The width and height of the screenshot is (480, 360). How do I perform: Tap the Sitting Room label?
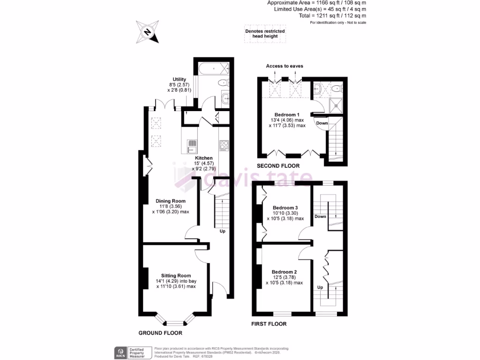tap(176, 276)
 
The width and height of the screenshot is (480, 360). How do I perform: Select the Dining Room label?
tap(170, 201)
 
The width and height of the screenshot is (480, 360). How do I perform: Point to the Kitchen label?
tap(204, 158)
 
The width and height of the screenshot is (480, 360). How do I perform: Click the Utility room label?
tap(180, 79)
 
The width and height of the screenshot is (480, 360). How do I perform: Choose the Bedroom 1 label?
tap(286, 115)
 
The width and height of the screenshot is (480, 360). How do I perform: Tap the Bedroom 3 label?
tap(285, 208)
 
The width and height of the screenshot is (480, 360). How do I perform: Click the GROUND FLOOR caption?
tap(160, 333)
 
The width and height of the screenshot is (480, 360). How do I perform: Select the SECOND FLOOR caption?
tap(278, 166)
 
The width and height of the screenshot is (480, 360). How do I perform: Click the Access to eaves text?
tap(285, 66)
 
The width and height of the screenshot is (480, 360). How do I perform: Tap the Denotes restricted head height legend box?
tap(265, 34)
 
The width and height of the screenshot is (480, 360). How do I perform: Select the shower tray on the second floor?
tap(336, 106)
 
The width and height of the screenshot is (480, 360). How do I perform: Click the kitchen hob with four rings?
tap(223, 146)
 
